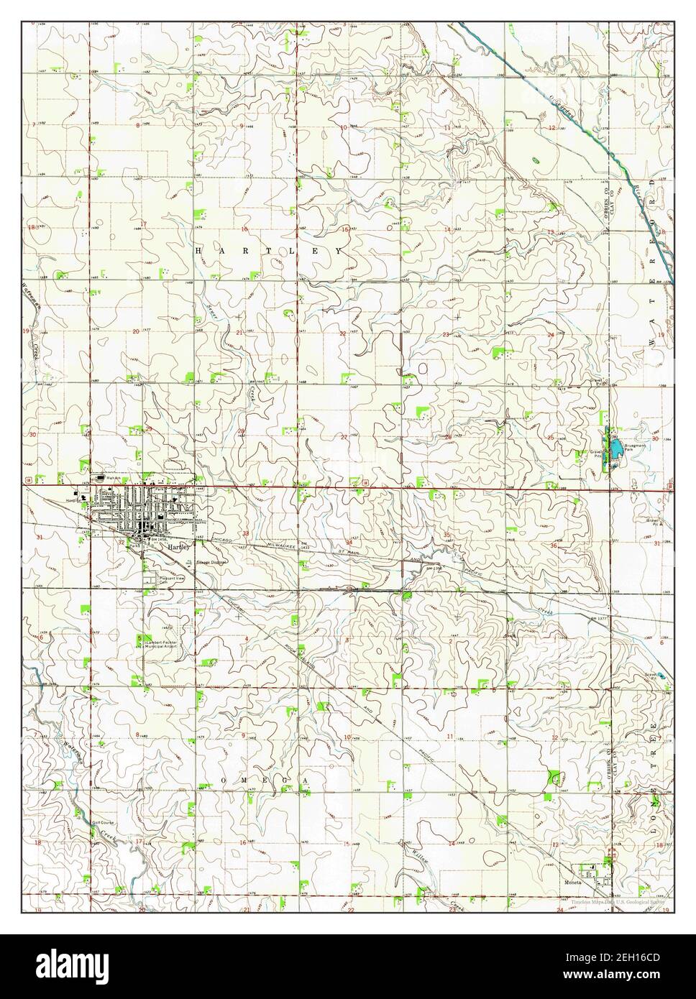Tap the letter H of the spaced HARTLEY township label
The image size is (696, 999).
point(199,250)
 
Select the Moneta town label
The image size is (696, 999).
point(571,879)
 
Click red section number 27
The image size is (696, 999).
point(344,437)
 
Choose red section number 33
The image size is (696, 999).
point(245,534)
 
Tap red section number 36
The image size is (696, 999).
point(554,545)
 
